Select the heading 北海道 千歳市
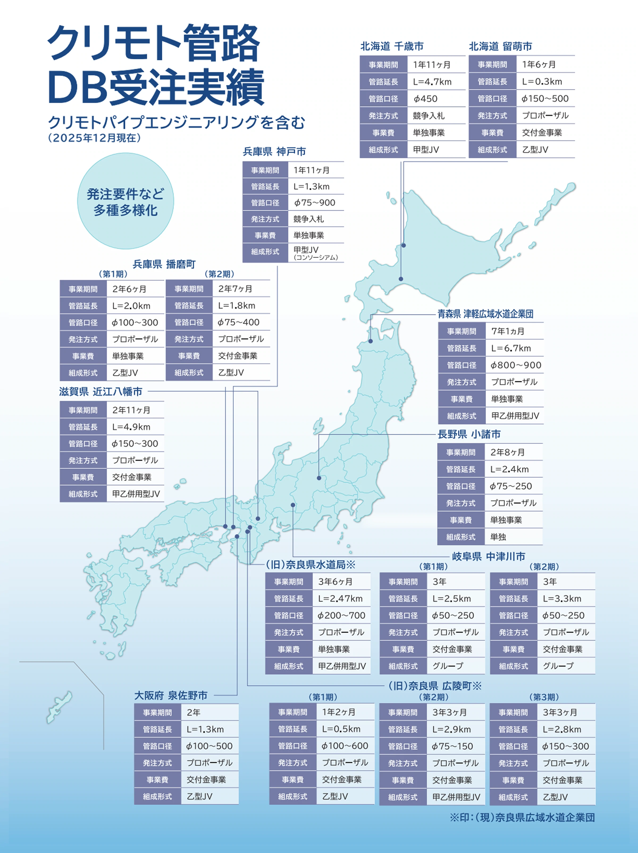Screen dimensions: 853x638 click(x=392, y=47)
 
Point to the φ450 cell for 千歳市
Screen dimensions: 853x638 click(x=425, y=99)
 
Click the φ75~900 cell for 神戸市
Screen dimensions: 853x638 click(x=314, y=203)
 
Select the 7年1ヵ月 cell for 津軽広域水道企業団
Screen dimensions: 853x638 click(x=508, y=331)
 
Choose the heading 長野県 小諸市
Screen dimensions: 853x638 click(x=469, y=434)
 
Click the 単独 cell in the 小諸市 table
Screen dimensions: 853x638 click(x=498, y=537)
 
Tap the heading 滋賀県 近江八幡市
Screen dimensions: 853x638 click(x=101, y=392)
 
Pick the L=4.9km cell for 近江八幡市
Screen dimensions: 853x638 click(x=131, y=427)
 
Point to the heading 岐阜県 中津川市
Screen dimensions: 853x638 click(x=488, y=556)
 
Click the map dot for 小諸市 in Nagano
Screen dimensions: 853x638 click(x=319, y=478)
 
